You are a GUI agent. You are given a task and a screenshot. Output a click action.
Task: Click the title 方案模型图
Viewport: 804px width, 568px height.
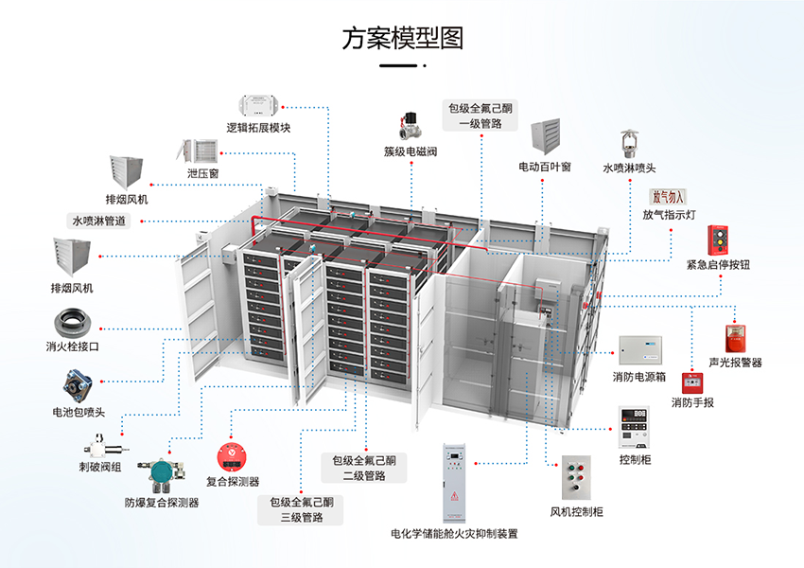coord(402,39)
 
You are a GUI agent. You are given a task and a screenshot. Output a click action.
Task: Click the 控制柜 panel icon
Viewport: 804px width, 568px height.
coord(635,428)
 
